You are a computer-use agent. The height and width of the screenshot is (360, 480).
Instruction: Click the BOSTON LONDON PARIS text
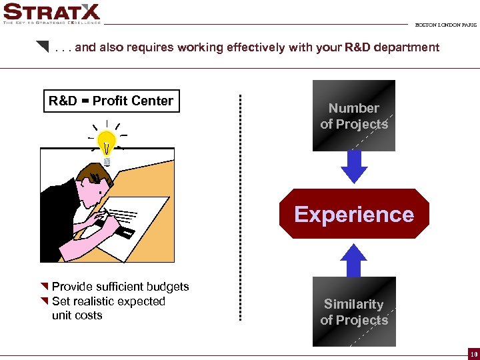pos(446,25)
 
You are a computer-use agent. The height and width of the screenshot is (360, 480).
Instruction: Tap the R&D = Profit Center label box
pos(111,101)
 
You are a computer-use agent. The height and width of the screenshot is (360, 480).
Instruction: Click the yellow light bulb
pos(107,141)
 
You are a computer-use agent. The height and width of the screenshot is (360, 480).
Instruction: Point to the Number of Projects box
pos(354,116)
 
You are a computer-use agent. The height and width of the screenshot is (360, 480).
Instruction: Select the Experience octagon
pos(354,214)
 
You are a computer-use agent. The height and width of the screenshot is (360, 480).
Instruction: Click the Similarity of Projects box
pos(354,312)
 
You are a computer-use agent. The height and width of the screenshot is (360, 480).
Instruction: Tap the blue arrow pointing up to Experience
pos(354,261)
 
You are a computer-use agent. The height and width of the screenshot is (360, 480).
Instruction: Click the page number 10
pos(473,353)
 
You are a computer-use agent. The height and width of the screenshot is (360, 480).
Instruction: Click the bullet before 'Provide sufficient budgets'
pos(45,287)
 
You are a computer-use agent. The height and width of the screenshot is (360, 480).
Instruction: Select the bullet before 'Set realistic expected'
pos(45,301)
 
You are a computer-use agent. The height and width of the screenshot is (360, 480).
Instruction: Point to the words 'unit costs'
pos(77,315)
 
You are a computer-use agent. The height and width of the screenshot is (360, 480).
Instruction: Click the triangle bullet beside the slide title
pos(43,47)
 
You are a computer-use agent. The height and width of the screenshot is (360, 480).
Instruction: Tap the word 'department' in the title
pos(406,47)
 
